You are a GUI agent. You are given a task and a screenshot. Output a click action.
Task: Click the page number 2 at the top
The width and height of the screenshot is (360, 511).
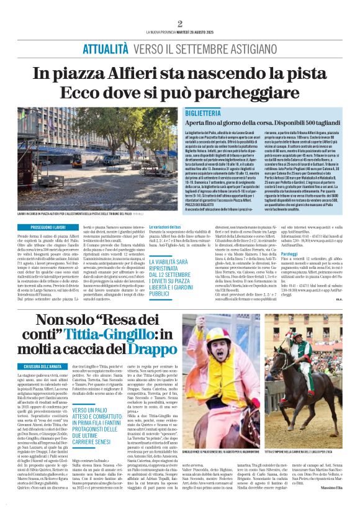(x=180, y=24)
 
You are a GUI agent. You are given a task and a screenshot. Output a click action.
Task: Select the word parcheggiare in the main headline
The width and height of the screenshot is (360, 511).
(x=243, y=93)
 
